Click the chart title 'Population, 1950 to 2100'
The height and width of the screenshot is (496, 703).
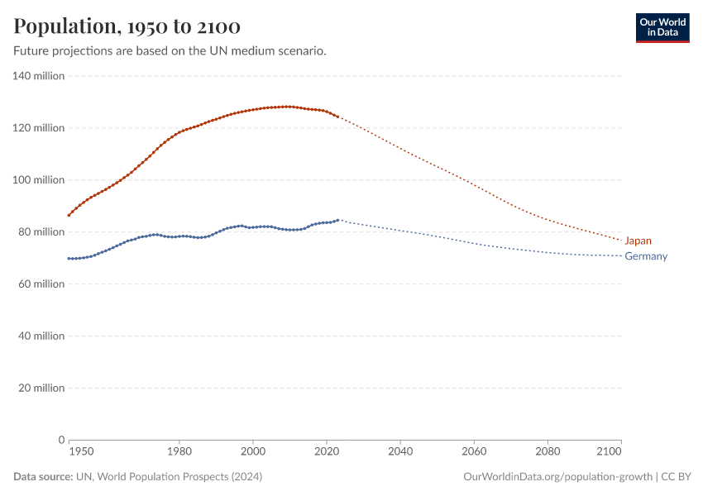[x=127, y=27]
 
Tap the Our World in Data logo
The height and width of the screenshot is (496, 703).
[x=662, y=27]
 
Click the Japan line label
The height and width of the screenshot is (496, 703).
[x=638, y=241]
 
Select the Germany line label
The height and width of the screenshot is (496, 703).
[x=646, y=256]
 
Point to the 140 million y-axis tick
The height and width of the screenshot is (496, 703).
[x=38, y=76]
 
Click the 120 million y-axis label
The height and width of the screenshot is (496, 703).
[x=38, y=128]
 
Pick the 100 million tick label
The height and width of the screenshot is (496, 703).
[x=38, y=180]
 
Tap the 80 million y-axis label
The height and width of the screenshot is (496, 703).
[x=41, y=232]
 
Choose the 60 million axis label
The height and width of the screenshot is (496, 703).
[x=41, y=284]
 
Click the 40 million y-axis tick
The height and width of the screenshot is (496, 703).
[x=41, y=336]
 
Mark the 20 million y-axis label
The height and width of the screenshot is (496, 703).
[x=41, y=389]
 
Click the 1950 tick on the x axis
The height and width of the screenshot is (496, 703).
[x=81, y=452]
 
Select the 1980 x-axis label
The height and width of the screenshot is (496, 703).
[x=179, y=452]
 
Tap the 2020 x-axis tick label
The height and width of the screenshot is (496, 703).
[x=327, y=452]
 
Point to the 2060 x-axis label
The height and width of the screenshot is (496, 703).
[x=474, y=452]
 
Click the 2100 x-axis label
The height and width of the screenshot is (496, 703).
[x=609, y=452]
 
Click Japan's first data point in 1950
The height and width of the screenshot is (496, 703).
[x=69, y=215]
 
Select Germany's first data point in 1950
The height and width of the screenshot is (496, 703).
[x=69, y=259]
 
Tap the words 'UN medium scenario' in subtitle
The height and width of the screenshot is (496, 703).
[x=272, y=51]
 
